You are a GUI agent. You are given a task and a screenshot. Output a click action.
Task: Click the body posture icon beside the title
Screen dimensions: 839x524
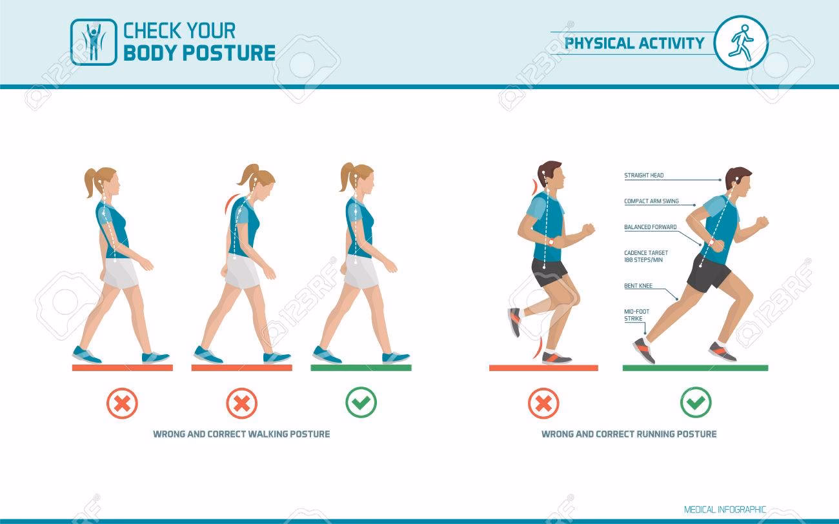(x=94, y=42)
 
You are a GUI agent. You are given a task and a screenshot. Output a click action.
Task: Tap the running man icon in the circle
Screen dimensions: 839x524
(x=741, y=43)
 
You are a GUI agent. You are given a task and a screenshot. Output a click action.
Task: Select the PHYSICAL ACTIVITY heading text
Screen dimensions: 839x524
(x=634, y=43)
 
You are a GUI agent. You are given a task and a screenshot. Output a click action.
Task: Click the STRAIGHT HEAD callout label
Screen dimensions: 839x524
(x=644, y=176)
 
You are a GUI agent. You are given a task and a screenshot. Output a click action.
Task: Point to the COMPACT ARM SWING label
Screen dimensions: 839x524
(x=651, y=201)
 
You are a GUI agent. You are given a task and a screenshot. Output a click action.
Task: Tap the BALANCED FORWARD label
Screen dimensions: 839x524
(x=651, y=227)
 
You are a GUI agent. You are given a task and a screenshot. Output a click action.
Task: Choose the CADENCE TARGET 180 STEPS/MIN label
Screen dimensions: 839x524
(x=646, y=256)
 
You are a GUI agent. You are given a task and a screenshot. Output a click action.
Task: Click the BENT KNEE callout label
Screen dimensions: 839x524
(x=638, y=286)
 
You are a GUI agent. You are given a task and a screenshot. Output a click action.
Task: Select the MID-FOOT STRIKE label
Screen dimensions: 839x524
(x=636, y=315)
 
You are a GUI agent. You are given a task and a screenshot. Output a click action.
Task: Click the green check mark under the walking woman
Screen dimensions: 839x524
(x=361, y=403)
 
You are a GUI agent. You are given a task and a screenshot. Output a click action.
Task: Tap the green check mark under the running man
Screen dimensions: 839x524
(x=696, y=403)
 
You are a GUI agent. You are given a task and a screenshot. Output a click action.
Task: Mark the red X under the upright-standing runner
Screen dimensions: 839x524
(x=543, y=403)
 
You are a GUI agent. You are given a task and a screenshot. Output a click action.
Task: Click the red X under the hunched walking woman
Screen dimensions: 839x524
(x=241, y=403)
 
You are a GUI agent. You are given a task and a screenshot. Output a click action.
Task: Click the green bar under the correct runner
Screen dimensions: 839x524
(x=695, y=368)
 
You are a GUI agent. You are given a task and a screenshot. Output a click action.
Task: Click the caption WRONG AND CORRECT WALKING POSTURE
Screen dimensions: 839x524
(x=241, y=434)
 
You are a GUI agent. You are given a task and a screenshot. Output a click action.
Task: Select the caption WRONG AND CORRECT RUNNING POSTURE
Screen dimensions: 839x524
(x=629, y=434)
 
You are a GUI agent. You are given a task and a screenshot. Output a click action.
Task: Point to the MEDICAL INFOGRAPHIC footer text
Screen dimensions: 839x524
(x=725, y=509)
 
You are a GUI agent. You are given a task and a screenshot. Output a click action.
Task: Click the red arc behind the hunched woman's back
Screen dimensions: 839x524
(x=229, y=203)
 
